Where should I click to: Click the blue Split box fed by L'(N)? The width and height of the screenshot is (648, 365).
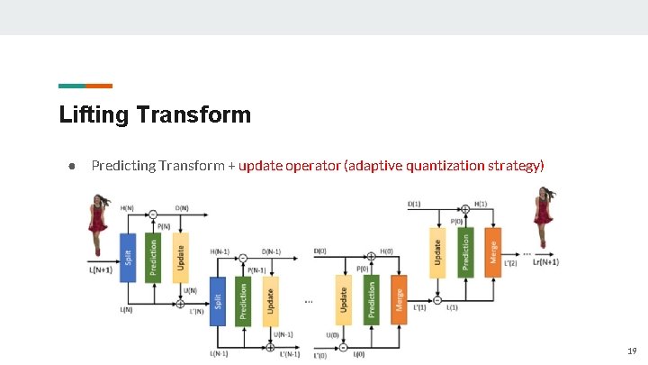tap(217, 302)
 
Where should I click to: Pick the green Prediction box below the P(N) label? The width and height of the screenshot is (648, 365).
tap(152, 256)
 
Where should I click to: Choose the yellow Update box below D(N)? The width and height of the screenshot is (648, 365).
tap(179, 256)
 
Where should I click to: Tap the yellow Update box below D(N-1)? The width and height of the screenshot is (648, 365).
tap(270, 302)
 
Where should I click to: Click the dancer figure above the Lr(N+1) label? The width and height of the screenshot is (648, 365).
tap(543, 217)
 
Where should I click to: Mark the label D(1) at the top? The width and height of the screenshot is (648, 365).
tap(413, 204)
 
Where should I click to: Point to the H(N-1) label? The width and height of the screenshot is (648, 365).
tap(220, 251)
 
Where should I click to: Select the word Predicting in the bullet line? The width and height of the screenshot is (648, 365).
tap(122, 166)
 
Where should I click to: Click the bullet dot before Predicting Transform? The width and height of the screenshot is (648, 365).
tap(70, 166)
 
